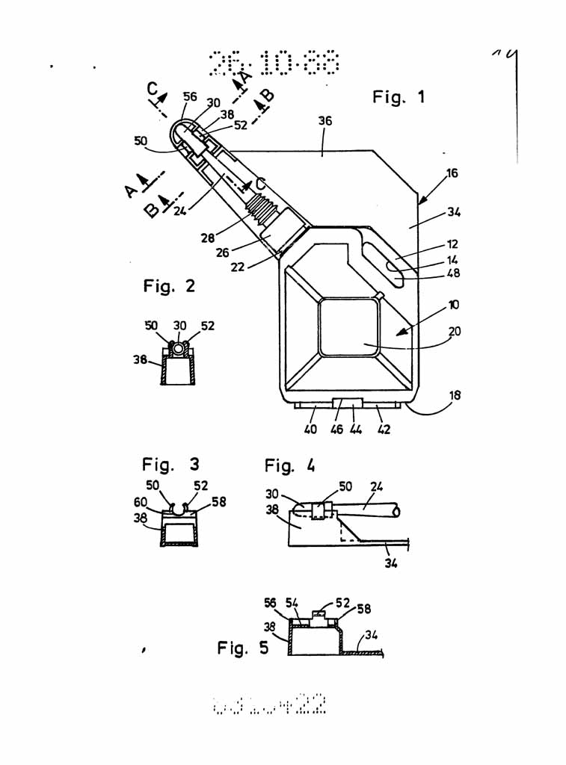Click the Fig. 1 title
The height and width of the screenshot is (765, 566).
pyautogui.click(x=398, y=96)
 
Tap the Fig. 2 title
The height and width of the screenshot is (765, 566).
pyautogui.click(x=169, y=285)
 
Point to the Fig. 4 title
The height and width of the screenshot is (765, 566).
pyautogui.click(x=289, y=466)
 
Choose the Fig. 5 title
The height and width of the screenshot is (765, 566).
pyautogui.click(x=242, y=648)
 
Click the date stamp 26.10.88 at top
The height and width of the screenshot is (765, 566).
pyautogui.click(x=274, y=64)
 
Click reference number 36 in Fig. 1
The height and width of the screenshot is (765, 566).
pyautogui.click(x=324, y=121)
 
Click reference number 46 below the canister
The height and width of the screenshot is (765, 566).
pyautogui.click(x=337, y=430)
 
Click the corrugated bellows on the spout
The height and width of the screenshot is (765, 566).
pyautogui.click(x=262, y=205)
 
